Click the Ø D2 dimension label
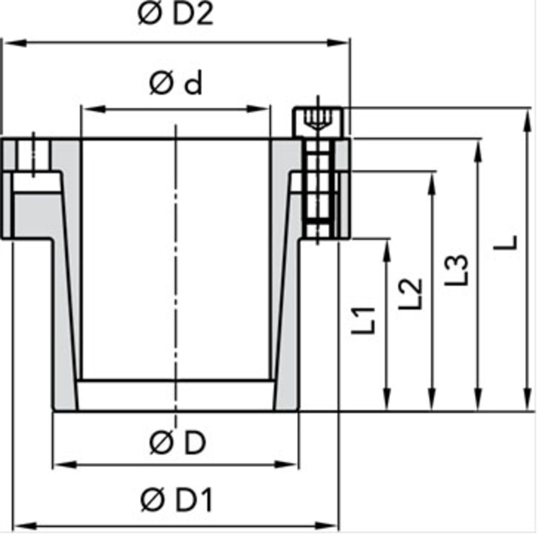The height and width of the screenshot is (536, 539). coord(175,14)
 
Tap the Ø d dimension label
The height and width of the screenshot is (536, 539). coord(176,84)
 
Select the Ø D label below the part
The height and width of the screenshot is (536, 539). coord(177,443)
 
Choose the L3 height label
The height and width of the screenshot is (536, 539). coord(457,270)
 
